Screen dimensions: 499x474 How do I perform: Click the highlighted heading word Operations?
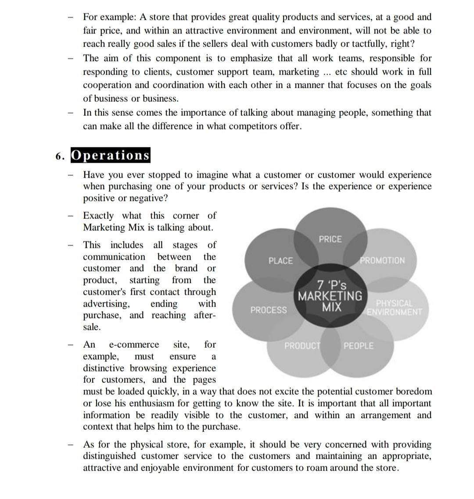click(x=110, y=156)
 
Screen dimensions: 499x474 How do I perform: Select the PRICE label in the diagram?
click(x=330, y=239)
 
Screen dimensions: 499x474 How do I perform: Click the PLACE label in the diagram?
click(x=280, y=261)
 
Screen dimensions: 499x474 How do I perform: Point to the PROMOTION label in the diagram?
click(x=382, y=260)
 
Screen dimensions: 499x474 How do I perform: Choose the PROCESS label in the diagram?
click(x=269, y=310)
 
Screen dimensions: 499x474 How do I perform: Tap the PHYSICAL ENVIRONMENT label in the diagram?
click(x=394, y=308)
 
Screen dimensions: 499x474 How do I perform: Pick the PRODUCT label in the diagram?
click(x=303, y=346)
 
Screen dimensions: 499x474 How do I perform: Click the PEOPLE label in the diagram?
click(x=359, y=346)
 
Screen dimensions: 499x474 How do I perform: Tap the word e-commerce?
click(x=134, y=345)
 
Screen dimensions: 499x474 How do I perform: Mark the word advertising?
click(x=106, y=304)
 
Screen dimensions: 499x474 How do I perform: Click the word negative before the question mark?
click(x=146, y=198)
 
